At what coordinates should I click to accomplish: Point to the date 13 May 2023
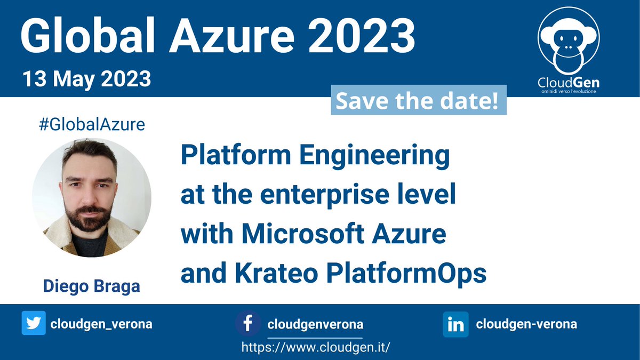click(x=86, y=79)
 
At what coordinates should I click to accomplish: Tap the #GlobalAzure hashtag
click(x=92, y=125)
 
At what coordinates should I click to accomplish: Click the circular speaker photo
click(x=92, y=198)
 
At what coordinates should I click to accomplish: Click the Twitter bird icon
click(x=34, y=324)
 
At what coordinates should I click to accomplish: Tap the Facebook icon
click(x=248, y=324)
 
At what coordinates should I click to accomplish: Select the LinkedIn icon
click(x=455, y=324)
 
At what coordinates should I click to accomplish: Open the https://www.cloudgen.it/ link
click(x=316, y=347)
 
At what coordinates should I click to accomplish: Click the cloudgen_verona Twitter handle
click(x=101, y=324)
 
